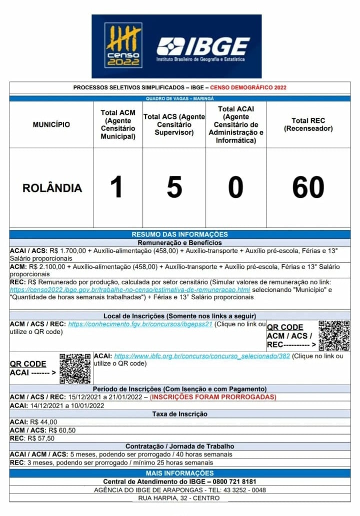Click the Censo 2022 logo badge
(123, 45)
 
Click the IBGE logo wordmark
(203, 47)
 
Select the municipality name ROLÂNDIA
(52, 188)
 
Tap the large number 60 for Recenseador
(308, 188)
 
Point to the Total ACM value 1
(116, 188)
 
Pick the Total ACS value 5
(174, 188)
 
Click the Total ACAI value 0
(235, 188)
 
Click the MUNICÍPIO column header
(51, 124)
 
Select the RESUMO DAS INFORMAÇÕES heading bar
(179, 234)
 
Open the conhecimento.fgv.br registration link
(140, 324)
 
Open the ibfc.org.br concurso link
(202, 356)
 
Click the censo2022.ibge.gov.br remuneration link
(129, 290)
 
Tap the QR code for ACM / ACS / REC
(334, 336)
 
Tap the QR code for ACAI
(75, 369)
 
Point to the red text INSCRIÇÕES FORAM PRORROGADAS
(213, 397)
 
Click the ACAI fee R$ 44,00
(43, 422)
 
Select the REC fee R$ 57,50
(42, 438)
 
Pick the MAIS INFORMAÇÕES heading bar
(179, 473)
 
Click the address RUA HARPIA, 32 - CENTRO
(179, 498)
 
